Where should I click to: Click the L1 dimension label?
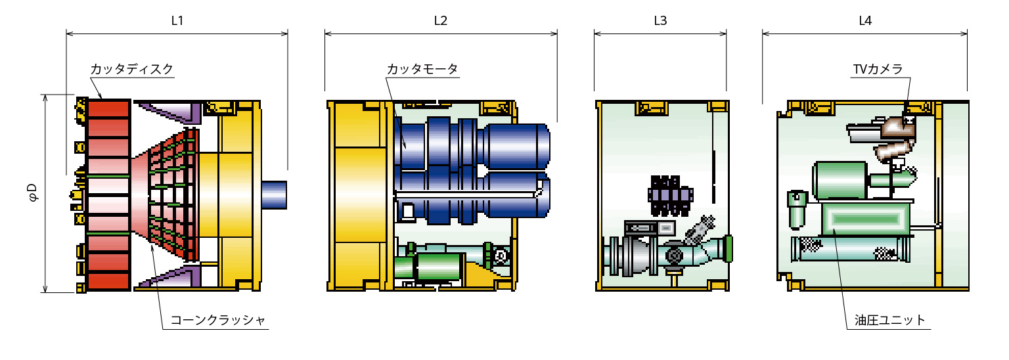click(x=177, y=20)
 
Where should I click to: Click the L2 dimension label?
click(x=441, y=20)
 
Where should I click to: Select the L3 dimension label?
click(x=660, y=20)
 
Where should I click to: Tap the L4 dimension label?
click(x=865, y=20)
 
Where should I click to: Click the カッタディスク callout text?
click(x=131, y=69)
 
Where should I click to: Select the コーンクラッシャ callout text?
click(x=218, y=321)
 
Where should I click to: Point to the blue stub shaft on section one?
click(x=275, y=195)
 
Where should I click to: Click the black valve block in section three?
click(x=670, y=196)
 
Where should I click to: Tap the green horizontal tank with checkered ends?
click(x=850, y=250)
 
